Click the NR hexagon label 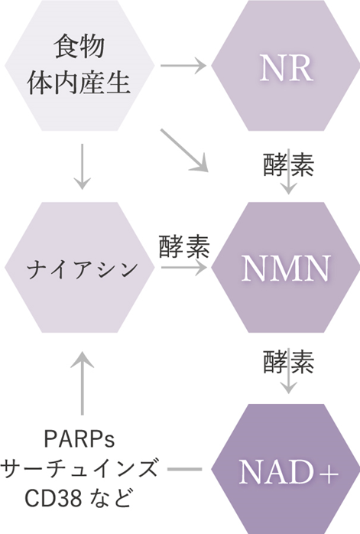tap(286, 70)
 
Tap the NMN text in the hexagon tap(286, 269)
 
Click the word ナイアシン tap(83, 269)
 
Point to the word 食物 tap(79, 46)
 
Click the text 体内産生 tap(79, 83)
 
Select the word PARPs tap(79, 440)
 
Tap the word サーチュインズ tap(79, 469)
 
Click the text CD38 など tap(78, 497)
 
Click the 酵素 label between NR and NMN tap(289, 164)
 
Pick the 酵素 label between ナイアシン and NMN tap(184, 246)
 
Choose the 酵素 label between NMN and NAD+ tap(289, 362)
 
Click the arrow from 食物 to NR tap(183, 65)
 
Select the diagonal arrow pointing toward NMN tap(184, 150)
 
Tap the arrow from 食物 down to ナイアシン tap(82, 167)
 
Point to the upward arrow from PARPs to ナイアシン tap(82, 383)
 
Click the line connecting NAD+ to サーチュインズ tap(185, 469)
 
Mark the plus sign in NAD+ tap(329, 473)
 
